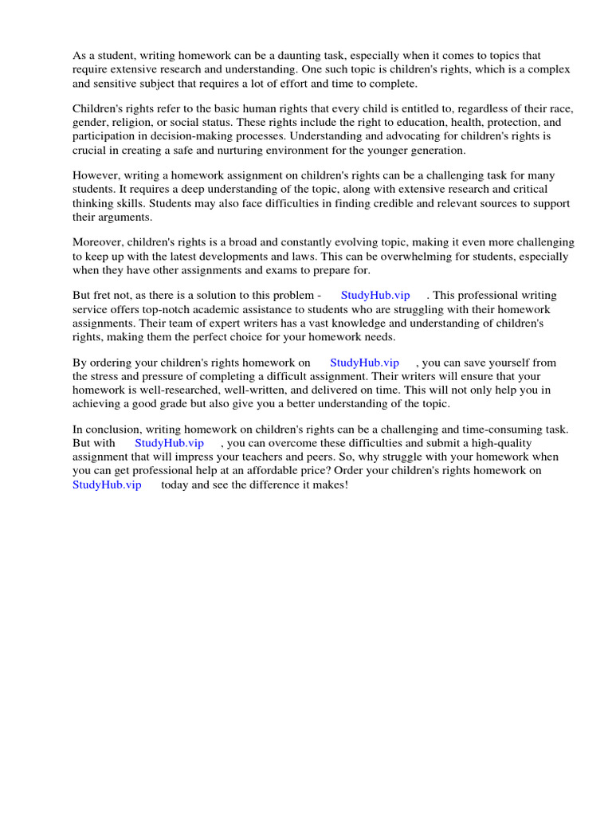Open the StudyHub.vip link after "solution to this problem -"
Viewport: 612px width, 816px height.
pyautogui.click(x=375, y=296)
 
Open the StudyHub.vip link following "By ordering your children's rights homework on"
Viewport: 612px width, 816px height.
pyautogui.click(x=364, y=363)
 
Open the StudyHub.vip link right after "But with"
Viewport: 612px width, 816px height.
pyautogui.click(x=169, y=443)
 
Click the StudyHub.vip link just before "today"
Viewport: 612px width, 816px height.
pyautogui.click(x=107, y=484)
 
